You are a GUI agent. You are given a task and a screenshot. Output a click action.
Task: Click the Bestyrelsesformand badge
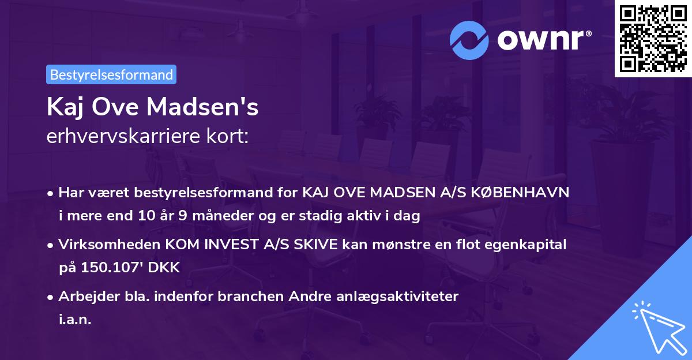click(x=111, y=74)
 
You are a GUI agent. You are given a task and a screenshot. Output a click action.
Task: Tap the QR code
click(x=653, y=39)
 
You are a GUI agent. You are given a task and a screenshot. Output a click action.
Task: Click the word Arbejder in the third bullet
click(x=84, y=297)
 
